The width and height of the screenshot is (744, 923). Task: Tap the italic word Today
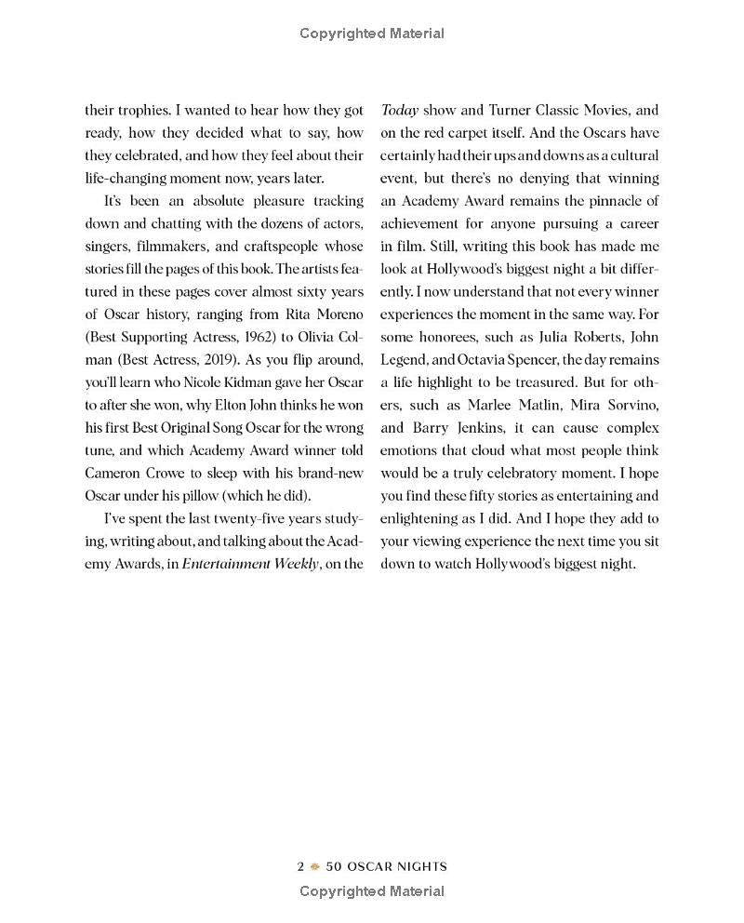tap(399, 110)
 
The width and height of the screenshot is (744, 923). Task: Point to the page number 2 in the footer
tap(300, 866)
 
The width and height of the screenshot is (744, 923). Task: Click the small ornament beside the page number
tap(315, 866)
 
